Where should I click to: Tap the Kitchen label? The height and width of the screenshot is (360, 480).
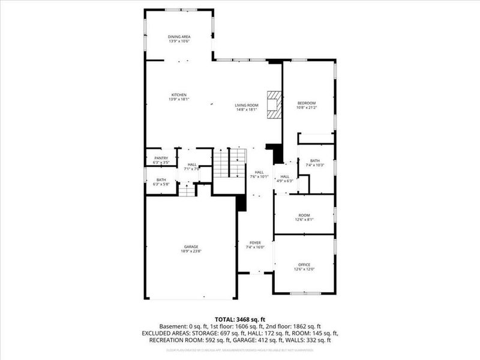179,95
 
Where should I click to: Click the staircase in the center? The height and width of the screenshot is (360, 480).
230,163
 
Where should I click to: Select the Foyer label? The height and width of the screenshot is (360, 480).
255,243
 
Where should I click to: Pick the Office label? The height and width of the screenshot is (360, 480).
305,264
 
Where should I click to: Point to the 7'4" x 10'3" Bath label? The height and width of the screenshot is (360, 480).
316,163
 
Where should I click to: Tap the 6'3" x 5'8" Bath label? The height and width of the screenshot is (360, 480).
161,182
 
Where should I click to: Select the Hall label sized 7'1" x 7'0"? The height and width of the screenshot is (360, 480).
192,167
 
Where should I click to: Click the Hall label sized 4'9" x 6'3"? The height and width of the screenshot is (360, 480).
285,178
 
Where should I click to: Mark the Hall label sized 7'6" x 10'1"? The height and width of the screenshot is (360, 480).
259,174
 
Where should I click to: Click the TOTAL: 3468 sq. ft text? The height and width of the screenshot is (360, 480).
239,319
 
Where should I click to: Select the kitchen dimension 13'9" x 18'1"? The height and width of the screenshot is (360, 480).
179,99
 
